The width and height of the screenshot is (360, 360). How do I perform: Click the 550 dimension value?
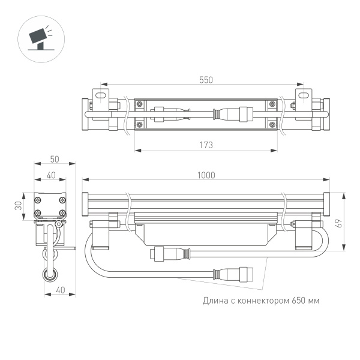coord(206,80)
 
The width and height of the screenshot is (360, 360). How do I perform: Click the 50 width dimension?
coord(55,159)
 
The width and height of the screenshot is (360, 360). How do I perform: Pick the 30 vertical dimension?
coord(19,206)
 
